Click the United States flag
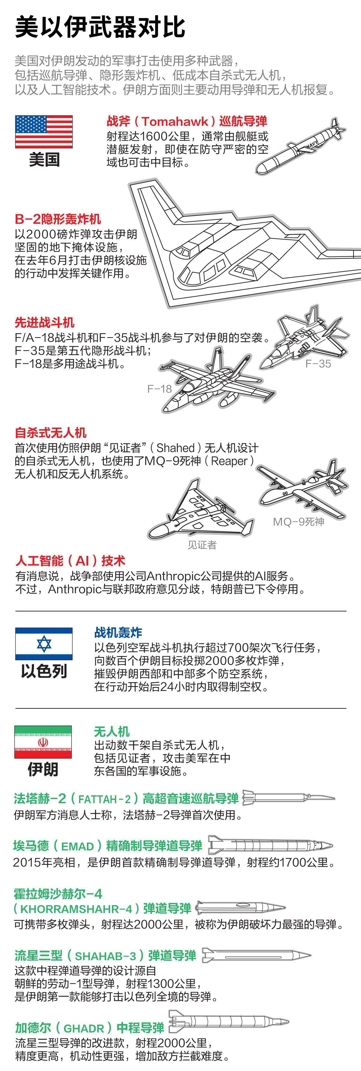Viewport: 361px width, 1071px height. point(44,132)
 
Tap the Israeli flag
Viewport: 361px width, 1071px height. point(44,644)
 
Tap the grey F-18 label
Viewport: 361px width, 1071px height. point(159,389)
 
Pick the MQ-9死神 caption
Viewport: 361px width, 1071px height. point(298,522)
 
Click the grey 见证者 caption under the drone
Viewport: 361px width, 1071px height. point(202,545)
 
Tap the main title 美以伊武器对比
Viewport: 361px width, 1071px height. point(100,27)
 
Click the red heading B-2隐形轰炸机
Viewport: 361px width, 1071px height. point(58,219)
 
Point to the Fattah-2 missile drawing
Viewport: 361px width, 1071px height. point(288,797)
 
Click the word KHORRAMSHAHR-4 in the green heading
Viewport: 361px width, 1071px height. point(76,909)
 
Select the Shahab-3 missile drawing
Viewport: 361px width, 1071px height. point(256,955)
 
